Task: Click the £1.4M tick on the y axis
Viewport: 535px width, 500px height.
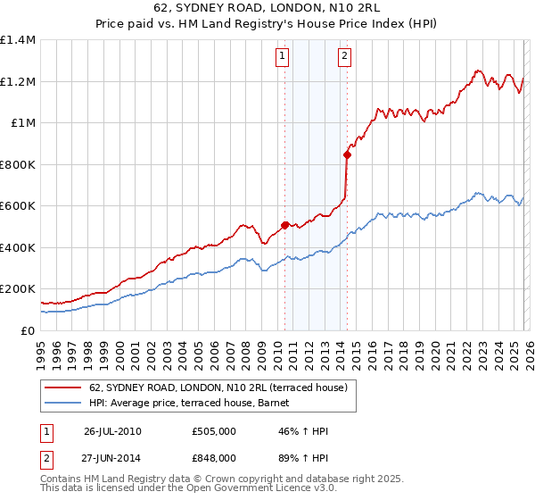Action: [x=18, y=40]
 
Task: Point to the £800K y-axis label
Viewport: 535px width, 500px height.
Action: [x=18, y=164]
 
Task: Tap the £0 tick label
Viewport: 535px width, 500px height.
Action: [x=28, y=330]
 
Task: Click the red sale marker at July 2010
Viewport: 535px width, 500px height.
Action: [x=285, y=226]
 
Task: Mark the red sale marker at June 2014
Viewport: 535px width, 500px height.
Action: [x=347, y=154]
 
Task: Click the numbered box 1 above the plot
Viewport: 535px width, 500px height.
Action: [x=282, y=56]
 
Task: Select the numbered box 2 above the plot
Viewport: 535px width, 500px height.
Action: [x=344, y=56]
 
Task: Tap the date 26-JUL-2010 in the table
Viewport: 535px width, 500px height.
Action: [x=112, y=431]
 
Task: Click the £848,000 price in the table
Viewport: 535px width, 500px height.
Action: [x=214, y=457]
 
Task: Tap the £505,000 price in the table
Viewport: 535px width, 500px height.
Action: [x=214, y=431]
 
